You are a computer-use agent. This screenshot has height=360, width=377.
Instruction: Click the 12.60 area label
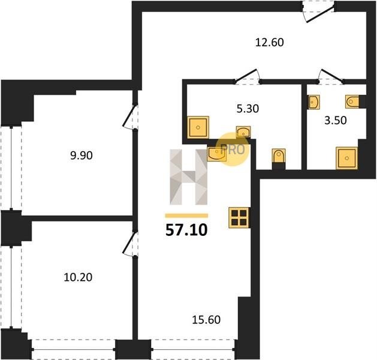click(x=269, y=43)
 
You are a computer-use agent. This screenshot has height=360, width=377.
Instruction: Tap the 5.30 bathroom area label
click(x=248, y=109)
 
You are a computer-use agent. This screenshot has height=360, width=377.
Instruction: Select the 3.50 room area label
click(x=336, y=121)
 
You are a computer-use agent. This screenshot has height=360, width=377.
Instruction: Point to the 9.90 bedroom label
click(x=82, y=155)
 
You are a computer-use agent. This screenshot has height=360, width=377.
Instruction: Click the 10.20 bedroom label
click(x=78, y=277)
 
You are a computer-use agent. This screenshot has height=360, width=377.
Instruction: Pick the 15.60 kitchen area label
click(x=206, y=320)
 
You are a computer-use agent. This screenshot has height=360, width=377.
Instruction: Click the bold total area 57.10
click(x=186, y=230)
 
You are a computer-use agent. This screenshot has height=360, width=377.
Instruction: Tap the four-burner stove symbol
click(x=239, y=218)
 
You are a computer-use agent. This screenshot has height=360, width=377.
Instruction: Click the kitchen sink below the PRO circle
click(x=216, y=154)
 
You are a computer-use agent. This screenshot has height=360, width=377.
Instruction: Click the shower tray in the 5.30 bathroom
click(x=198, y=127)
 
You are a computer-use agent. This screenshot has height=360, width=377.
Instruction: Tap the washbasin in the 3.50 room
click(x=313, y=102)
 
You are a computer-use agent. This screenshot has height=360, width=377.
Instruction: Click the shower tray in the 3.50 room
click(x=346, y=158)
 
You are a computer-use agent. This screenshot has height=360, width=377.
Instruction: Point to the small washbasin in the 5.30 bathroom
click(x=243, y=132)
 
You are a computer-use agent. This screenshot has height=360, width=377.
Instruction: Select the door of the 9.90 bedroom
click(x=130, y=117)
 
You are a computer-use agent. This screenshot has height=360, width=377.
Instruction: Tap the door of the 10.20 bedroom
click(x=130, y=244)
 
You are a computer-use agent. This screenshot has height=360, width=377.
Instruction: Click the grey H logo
click(x=188, y=177)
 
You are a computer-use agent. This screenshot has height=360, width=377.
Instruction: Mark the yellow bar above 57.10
click(x=186, y=215)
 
